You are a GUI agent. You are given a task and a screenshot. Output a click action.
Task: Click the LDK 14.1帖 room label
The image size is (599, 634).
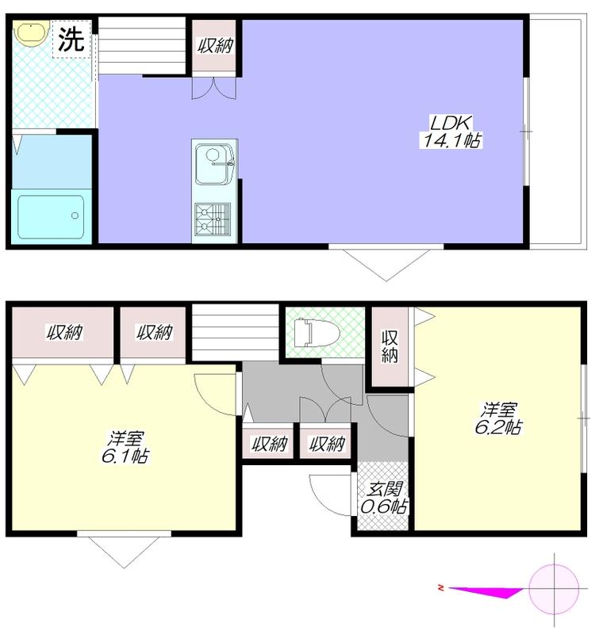coord(451,132)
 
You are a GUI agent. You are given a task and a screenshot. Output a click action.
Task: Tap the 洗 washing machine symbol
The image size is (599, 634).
coord(71,39)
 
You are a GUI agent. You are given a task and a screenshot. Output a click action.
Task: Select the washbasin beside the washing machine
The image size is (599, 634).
coord(30,31)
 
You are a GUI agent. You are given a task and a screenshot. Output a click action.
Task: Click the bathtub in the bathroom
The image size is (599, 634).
coord(51,216)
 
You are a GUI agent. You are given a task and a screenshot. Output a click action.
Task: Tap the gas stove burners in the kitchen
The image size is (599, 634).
coord(213,220)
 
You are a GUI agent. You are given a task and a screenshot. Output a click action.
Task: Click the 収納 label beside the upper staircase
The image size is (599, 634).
coord(215,46)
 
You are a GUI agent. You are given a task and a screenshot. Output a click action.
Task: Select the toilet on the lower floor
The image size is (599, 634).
coord(317,332)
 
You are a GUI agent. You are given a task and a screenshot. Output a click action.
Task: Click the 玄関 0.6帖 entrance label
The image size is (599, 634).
coord(383,498)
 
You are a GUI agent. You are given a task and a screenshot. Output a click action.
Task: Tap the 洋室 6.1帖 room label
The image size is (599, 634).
coord(125,448)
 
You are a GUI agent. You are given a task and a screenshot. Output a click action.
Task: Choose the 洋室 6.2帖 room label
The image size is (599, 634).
coord(498,418)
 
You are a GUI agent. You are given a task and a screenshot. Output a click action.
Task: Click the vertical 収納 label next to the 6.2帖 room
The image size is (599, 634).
coord(390,346)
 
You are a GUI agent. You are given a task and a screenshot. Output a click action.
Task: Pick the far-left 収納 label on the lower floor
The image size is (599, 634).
coord(64,332)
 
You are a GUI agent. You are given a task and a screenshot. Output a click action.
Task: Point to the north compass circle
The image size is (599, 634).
coord(554,589)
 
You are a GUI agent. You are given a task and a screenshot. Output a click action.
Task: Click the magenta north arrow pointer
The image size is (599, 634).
coord(486,591)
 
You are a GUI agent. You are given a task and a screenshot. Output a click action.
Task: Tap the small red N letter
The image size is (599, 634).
coord(441,587)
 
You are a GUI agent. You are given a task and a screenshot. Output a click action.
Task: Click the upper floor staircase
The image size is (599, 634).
coord(142,45)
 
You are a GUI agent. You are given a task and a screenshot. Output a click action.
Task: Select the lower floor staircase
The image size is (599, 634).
coord(236,332)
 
